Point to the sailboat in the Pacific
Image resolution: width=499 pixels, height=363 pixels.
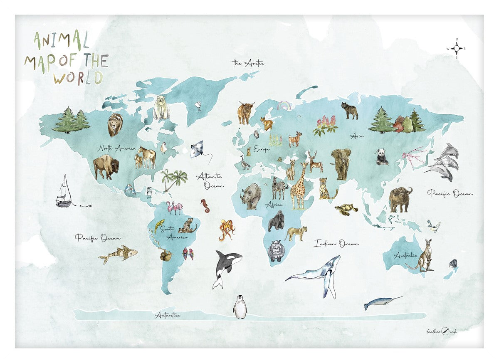coord(64,192)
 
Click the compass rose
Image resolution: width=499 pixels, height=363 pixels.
coord(457,49)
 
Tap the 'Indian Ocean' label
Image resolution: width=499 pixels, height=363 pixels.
coord(336,243)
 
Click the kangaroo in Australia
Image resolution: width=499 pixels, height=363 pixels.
coord(424,257)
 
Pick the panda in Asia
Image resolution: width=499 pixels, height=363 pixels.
coord(382,157)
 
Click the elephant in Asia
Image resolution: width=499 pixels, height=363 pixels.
coord(341,163)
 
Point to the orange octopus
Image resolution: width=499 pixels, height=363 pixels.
coord(227,230)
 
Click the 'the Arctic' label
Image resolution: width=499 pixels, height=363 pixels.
coord(248,63)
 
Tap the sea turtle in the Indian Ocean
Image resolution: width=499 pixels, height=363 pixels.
coord(347,209)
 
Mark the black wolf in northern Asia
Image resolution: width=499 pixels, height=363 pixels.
coord(349,111)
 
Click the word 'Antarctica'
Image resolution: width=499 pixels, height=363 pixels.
coord(168,315)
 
